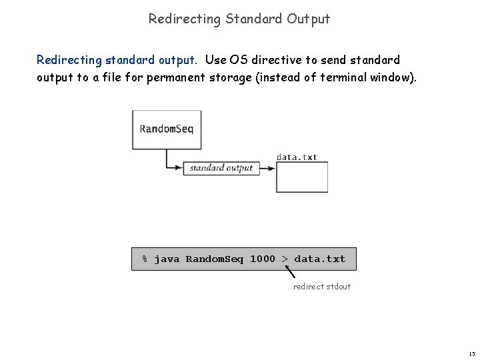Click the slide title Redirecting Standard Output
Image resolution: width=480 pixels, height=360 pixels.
pos(239,19)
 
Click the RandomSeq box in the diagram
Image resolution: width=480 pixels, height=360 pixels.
pos(167,129)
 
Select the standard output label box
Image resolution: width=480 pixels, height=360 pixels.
pos(221,168)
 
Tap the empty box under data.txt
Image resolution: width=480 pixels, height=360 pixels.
pos(302,177)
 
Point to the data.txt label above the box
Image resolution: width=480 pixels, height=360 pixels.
pos(297,157)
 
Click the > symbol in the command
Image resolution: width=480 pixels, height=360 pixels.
pos(285,259)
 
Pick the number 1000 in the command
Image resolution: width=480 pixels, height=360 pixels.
pos(262,259)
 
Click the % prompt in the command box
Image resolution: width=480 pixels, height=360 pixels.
pos(145,259)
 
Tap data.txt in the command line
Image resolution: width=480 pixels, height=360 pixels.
pos(320,259)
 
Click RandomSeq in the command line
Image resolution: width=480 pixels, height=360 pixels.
pos(215,259)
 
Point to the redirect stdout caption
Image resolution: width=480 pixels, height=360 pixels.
pos(322,287)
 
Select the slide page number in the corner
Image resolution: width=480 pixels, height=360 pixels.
pos(471,353)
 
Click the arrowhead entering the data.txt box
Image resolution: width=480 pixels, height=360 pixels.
pos(273,168)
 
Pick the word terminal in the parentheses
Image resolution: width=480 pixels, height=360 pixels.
pos(345,77)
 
